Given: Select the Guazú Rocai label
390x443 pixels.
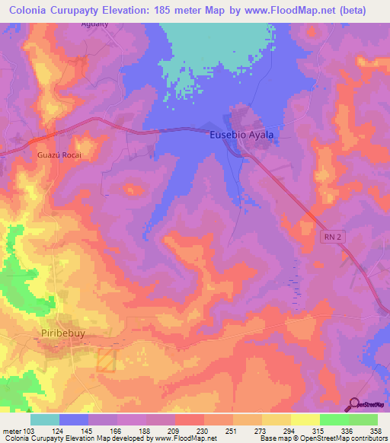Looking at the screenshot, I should pyautogui.click(x=59, y=155).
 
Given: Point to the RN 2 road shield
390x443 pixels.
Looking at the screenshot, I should pyautogui.click(x=330, y=237).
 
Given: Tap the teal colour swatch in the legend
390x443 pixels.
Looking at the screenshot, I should pyautogui.click(x=44, y=419).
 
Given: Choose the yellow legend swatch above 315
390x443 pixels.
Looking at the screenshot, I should pyautogui.click(x=305, y=419).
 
